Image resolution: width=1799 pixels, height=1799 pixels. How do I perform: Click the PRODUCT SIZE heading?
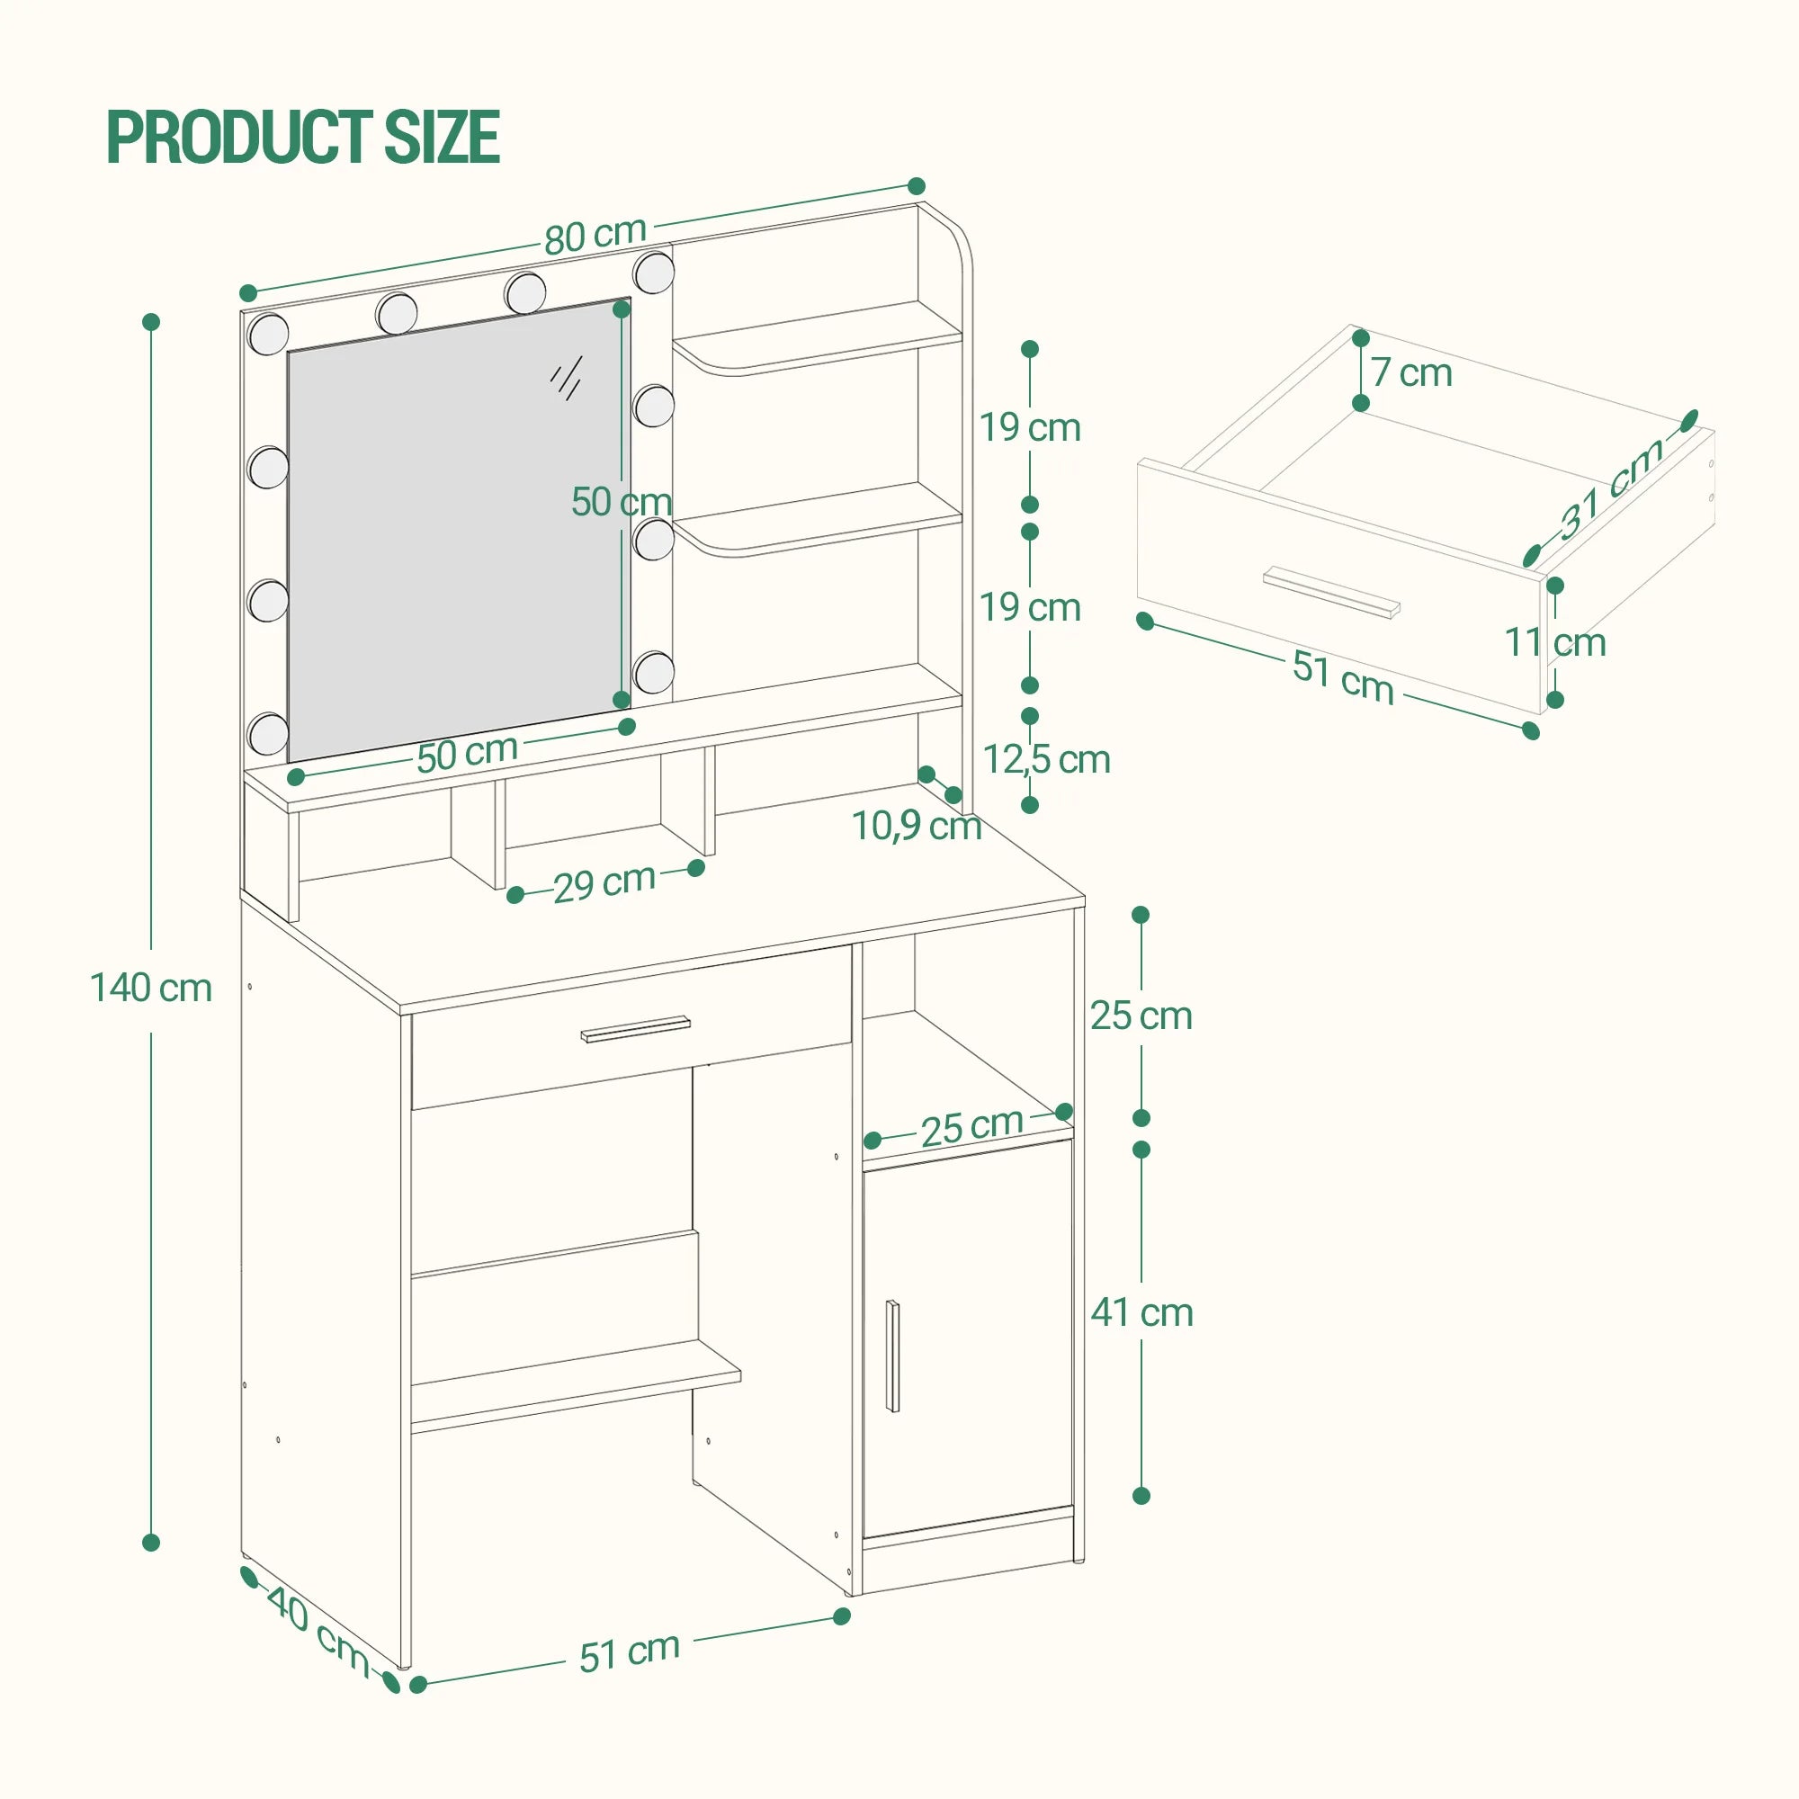303,137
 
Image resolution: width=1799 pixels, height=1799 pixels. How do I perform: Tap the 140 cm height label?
151,988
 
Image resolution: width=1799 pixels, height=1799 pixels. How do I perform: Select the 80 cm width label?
595,235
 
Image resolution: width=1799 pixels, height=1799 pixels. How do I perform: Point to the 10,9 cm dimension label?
917,825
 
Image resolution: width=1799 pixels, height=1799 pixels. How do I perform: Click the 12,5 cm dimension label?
1047,760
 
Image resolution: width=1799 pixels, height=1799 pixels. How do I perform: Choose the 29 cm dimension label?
604,882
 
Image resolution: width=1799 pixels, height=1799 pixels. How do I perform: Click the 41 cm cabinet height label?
1141,1313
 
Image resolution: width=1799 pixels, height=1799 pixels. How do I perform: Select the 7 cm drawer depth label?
1410,373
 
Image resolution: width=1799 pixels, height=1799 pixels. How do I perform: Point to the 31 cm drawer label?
1611,488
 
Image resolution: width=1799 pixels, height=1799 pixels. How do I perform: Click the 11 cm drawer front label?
1555,642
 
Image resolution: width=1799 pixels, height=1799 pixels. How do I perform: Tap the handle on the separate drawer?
1331,591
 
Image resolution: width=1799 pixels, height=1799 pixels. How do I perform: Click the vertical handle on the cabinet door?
893,1356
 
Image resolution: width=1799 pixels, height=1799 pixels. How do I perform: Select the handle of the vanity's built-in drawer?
636,1029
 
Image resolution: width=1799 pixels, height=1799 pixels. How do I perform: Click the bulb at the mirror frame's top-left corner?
269,334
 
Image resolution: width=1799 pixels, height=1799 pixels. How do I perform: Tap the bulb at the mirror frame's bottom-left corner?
269,734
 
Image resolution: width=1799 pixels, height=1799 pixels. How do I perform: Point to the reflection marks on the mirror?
566,377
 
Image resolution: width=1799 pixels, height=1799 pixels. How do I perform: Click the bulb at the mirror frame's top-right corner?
654,272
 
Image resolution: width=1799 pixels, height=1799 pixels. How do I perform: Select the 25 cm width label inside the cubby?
971,1128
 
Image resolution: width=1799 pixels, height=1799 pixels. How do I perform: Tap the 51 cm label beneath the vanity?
630,1651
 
